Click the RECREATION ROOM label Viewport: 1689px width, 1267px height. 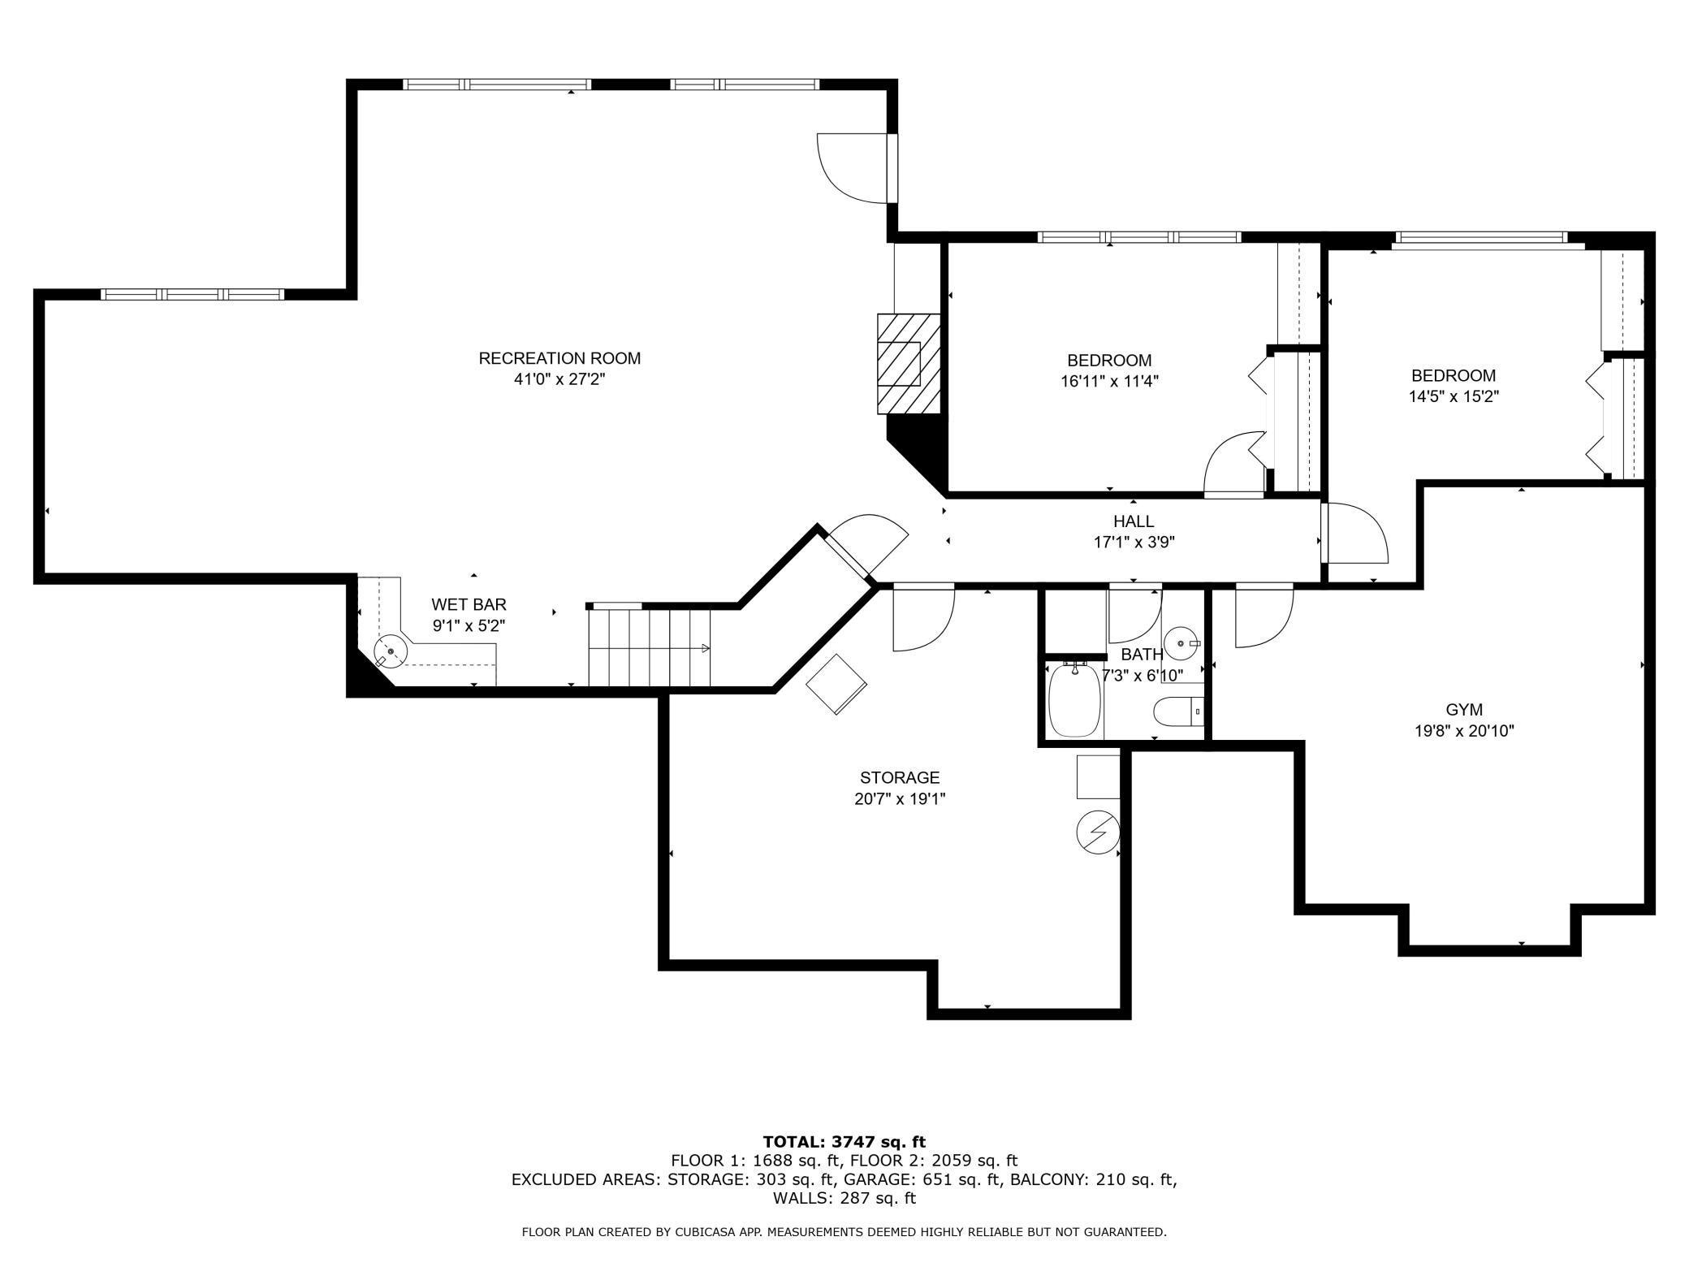(x=559, y=358)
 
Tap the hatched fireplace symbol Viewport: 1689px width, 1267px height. (x=908, y=364)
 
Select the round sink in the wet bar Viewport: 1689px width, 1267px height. (x=391, y=651)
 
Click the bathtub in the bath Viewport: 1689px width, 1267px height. (x=1073, y=700)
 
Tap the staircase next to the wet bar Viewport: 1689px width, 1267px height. (x=649, y=647)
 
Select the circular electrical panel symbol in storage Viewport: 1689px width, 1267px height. (x=1098, y=832)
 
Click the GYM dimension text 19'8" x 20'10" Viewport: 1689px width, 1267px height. (x=1464, y=731)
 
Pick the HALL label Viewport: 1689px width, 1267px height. (x=1134, y=521)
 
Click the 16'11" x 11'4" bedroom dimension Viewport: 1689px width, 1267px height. (x=1109, y=381)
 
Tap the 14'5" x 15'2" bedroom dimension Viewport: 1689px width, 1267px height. (x=1454, y=396)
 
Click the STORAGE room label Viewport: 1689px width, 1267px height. (x=900, y=777)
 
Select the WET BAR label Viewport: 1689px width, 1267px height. (x=469, y=604)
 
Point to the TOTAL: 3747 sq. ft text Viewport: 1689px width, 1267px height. (x=844, y=1142)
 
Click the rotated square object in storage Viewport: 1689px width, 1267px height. (x=836, y=684)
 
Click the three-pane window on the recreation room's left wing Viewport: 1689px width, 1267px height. (x=192, y=295)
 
